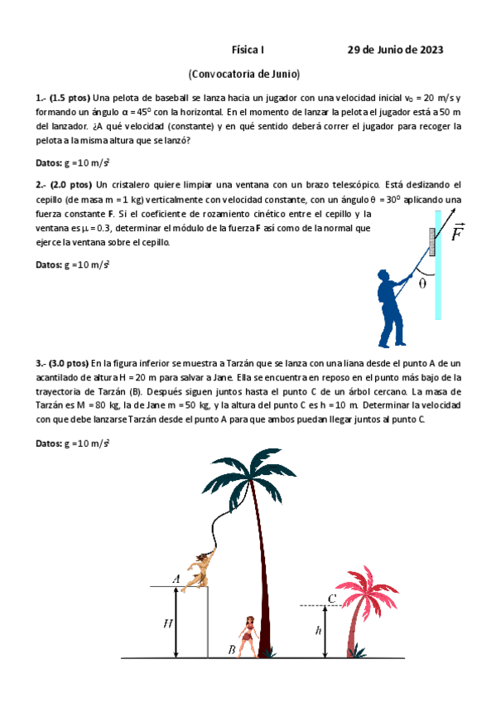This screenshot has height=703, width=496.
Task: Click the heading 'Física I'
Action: (248, 50)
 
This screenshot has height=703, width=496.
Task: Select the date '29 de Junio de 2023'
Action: (395, 50)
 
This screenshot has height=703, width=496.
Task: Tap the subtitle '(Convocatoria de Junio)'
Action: (244, 73)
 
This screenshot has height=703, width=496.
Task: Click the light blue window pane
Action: (438, 265)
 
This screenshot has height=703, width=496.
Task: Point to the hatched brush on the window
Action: (431, 240)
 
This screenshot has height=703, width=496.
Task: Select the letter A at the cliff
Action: (176, 579)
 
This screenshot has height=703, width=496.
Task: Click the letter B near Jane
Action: (232, 649)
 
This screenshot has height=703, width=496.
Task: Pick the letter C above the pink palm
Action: (331, 598)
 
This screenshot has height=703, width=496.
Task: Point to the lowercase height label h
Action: (319, 629)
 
